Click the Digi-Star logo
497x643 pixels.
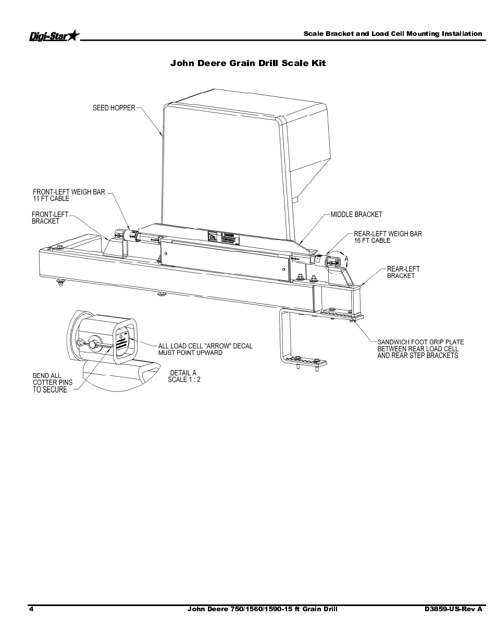click(54, 35)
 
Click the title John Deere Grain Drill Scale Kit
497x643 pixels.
click(248, 63)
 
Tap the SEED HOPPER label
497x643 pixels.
click(114, 108)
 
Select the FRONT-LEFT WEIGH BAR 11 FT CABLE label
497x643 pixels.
click(69, 195)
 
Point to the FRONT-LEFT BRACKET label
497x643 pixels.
click(49, 218)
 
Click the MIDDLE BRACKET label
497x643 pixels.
click(356, 215)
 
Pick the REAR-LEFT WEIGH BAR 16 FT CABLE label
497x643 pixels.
click(388, 237)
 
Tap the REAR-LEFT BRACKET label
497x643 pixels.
click(403, 272)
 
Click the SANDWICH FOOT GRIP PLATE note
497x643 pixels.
click(420, 349)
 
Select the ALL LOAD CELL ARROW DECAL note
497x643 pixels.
click(205, 349)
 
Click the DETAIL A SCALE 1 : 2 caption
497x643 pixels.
click(183, 376)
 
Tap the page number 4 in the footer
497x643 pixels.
click(32, 609)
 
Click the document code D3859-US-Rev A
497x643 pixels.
click(453, 609)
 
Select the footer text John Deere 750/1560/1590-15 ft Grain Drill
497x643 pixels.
click(262, 609)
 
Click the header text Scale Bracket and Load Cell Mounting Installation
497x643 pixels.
click(393, 34)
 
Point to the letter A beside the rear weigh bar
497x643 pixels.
click(346, 258)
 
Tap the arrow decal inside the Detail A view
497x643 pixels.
click(121, 342)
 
